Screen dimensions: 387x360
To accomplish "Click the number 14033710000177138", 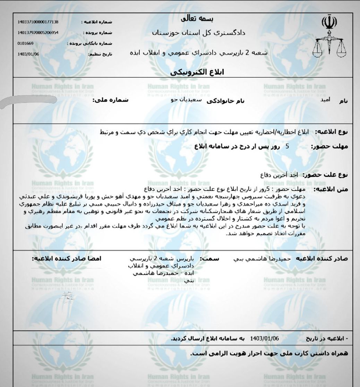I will tap(38, 22).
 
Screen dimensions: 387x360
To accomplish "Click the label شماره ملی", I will tap(110, 100).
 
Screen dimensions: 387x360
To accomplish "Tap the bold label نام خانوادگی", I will tap(225, 101).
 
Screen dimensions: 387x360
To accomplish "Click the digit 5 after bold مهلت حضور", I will tap(287, 146).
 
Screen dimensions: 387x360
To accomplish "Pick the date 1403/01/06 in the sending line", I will tap(267, 338).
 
